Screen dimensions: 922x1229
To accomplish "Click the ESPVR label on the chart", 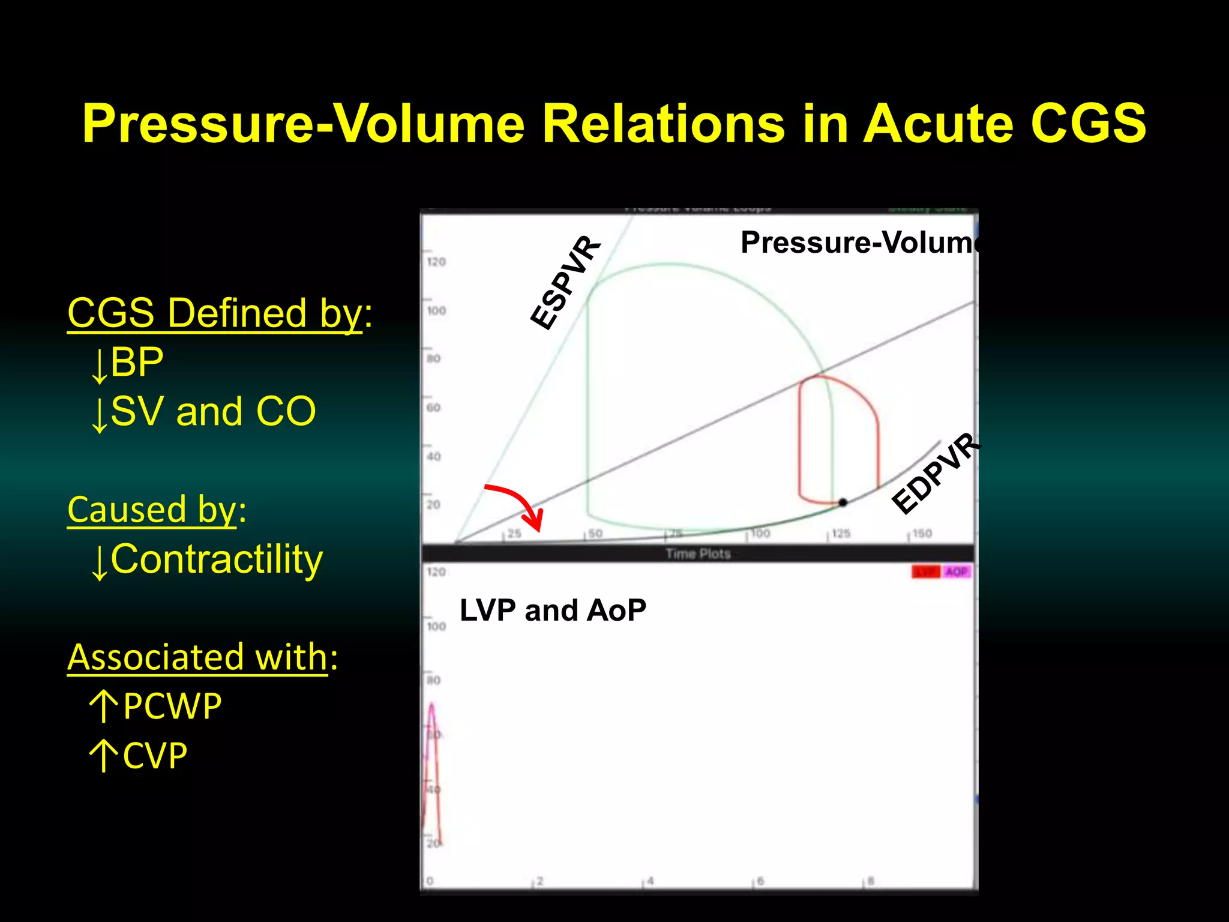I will click(565, 283).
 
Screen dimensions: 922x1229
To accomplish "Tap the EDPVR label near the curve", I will click(935, 474).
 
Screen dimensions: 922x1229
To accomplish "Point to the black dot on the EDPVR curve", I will click(843, 502).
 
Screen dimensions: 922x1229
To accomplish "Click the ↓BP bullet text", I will click(127, 363).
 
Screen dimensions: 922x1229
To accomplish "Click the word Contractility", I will click(216, 559).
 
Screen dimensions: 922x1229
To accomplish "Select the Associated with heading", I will click(197, 657).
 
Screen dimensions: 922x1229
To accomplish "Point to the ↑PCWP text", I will click(155, 707).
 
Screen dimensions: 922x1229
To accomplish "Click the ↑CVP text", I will click(139, 756).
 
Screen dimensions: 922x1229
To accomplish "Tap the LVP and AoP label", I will click(553, 610).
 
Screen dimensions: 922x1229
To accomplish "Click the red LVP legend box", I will click(925, 572).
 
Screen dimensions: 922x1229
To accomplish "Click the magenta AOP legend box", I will click(957, 572).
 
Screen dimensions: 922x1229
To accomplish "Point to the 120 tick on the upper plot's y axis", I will click(436, 262).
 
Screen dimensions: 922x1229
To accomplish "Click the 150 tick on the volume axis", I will click(922, 534).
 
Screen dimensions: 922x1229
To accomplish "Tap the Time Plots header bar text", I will click(697, 553).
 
